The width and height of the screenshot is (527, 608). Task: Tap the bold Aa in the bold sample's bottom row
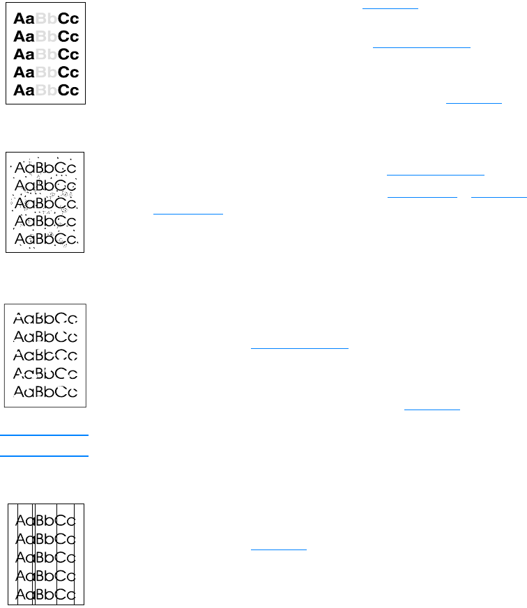[x=25, y=91]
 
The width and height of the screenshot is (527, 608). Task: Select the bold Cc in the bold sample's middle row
[x=68, y=54]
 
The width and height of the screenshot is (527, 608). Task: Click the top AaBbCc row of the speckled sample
[x=46, y=168]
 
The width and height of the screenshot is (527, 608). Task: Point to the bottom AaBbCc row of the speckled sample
[x=46, y=240]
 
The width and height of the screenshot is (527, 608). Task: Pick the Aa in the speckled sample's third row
[x=25, y=203]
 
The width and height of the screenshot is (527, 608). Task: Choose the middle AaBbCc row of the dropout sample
[x=46, y=354]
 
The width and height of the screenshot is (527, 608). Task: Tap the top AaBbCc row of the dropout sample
[x=46, y=319]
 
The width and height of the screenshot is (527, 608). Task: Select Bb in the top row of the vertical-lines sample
[x=46, y=520]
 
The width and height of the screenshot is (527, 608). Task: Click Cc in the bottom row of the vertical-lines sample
[x=67, y=594]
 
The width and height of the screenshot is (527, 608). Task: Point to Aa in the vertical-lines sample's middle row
[x=26, y=557]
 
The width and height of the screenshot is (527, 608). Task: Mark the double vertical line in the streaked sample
[x=33, y=554]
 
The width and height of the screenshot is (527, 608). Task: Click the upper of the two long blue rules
[x=45, y=435]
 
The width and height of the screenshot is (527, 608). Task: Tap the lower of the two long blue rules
[x=45, y=456]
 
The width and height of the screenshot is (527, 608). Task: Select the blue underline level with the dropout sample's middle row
[x=299, y=348]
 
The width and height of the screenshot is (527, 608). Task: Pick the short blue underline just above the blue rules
[x=432, y=410]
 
